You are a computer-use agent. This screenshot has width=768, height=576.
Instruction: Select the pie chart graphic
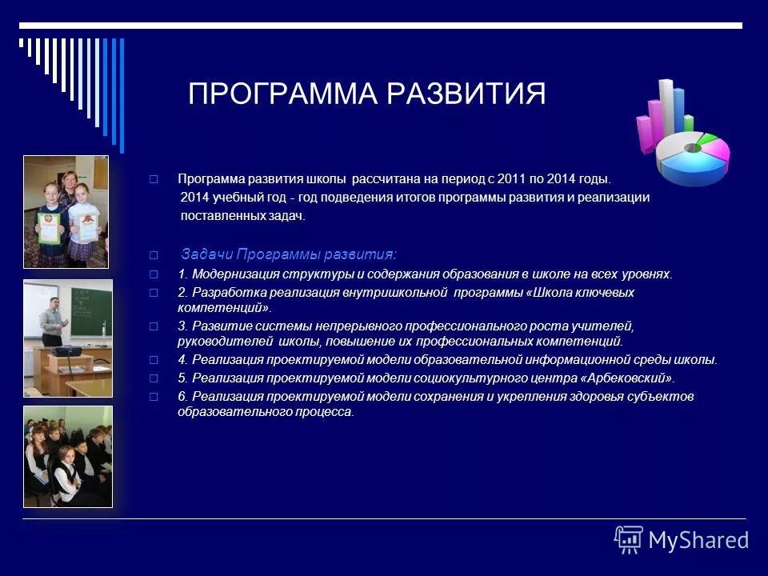[693, 156]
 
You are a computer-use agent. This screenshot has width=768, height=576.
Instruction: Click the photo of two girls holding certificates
[66, 211]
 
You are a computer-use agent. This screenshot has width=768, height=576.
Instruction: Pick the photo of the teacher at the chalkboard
[67, 338]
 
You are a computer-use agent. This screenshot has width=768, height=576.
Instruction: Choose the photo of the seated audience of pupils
[67, 456]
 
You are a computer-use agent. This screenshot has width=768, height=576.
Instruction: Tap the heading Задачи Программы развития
[288, 254]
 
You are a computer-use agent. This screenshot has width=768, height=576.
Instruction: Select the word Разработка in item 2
[222, 293]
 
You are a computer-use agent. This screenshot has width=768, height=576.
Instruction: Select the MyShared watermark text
[698, 540]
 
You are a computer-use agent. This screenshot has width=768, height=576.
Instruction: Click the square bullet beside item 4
[154, 360]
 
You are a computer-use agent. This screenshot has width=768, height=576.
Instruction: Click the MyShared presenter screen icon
[629, 539]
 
